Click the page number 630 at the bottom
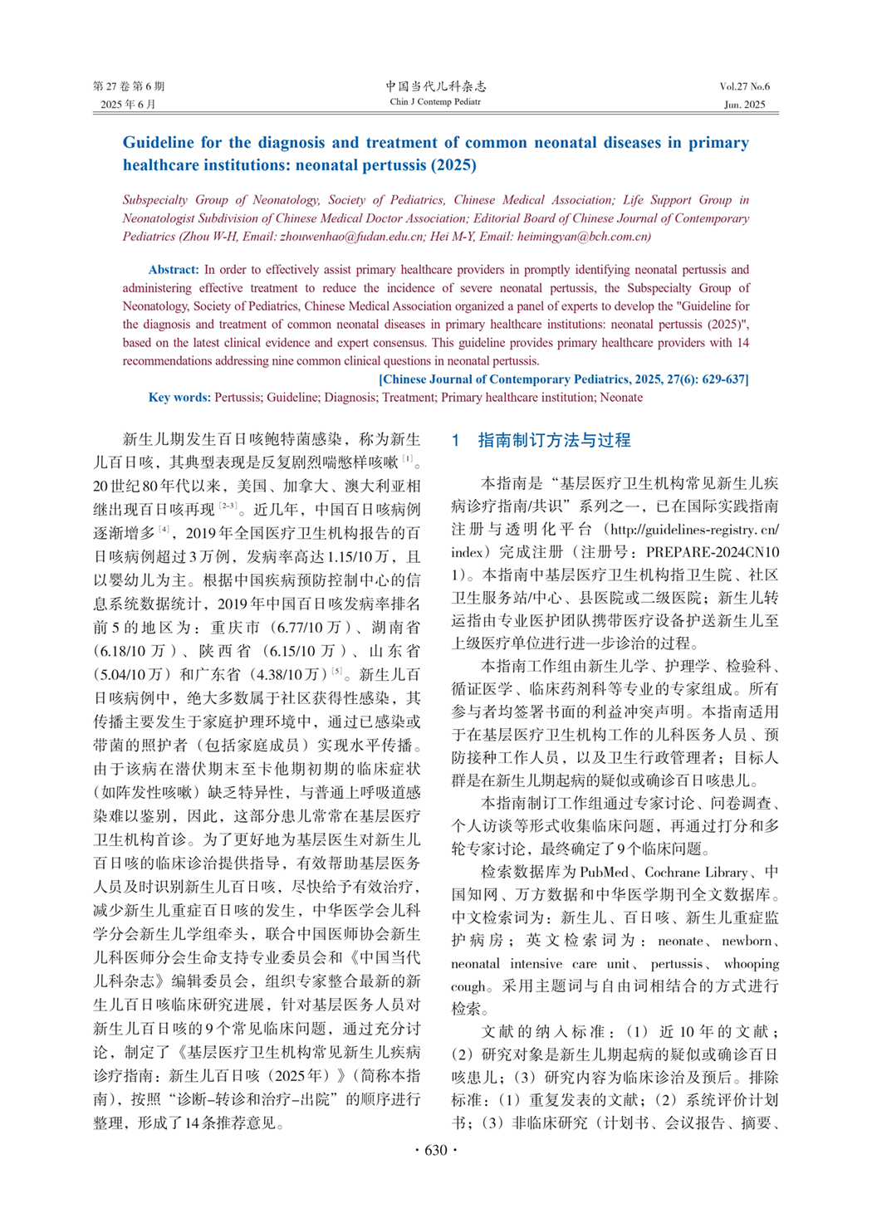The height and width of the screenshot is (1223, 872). point(435,1150)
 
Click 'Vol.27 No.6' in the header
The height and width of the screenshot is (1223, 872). point(744,86)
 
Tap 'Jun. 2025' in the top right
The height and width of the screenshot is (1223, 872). point(744,105)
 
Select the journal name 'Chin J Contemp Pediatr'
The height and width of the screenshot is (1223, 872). point(435,102)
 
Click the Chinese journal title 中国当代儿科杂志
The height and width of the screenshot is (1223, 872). point(435,86)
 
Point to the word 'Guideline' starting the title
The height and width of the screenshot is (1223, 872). point(158,143)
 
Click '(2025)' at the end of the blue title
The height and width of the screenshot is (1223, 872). point(453,165)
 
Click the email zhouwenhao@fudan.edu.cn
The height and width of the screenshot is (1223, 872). point(351,237)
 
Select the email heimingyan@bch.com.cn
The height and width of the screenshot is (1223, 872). point(584,237)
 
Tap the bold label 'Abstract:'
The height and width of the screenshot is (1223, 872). point(174,270)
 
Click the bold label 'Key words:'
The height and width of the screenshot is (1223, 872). point(179,398)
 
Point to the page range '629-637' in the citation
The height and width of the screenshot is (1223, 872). point(724,379)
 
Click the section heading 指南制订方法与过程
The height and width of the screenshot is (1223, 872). point(554,441)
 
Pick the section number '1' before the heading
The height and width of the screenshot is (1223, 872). point(456,441)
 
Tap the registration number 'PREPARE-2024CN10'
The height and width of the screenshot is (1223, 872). point(713,552)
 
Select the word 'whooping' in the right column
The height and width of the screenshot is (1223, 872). point(751,964)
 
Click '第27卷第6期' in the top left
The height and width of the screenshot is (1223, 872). point(129,86)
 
